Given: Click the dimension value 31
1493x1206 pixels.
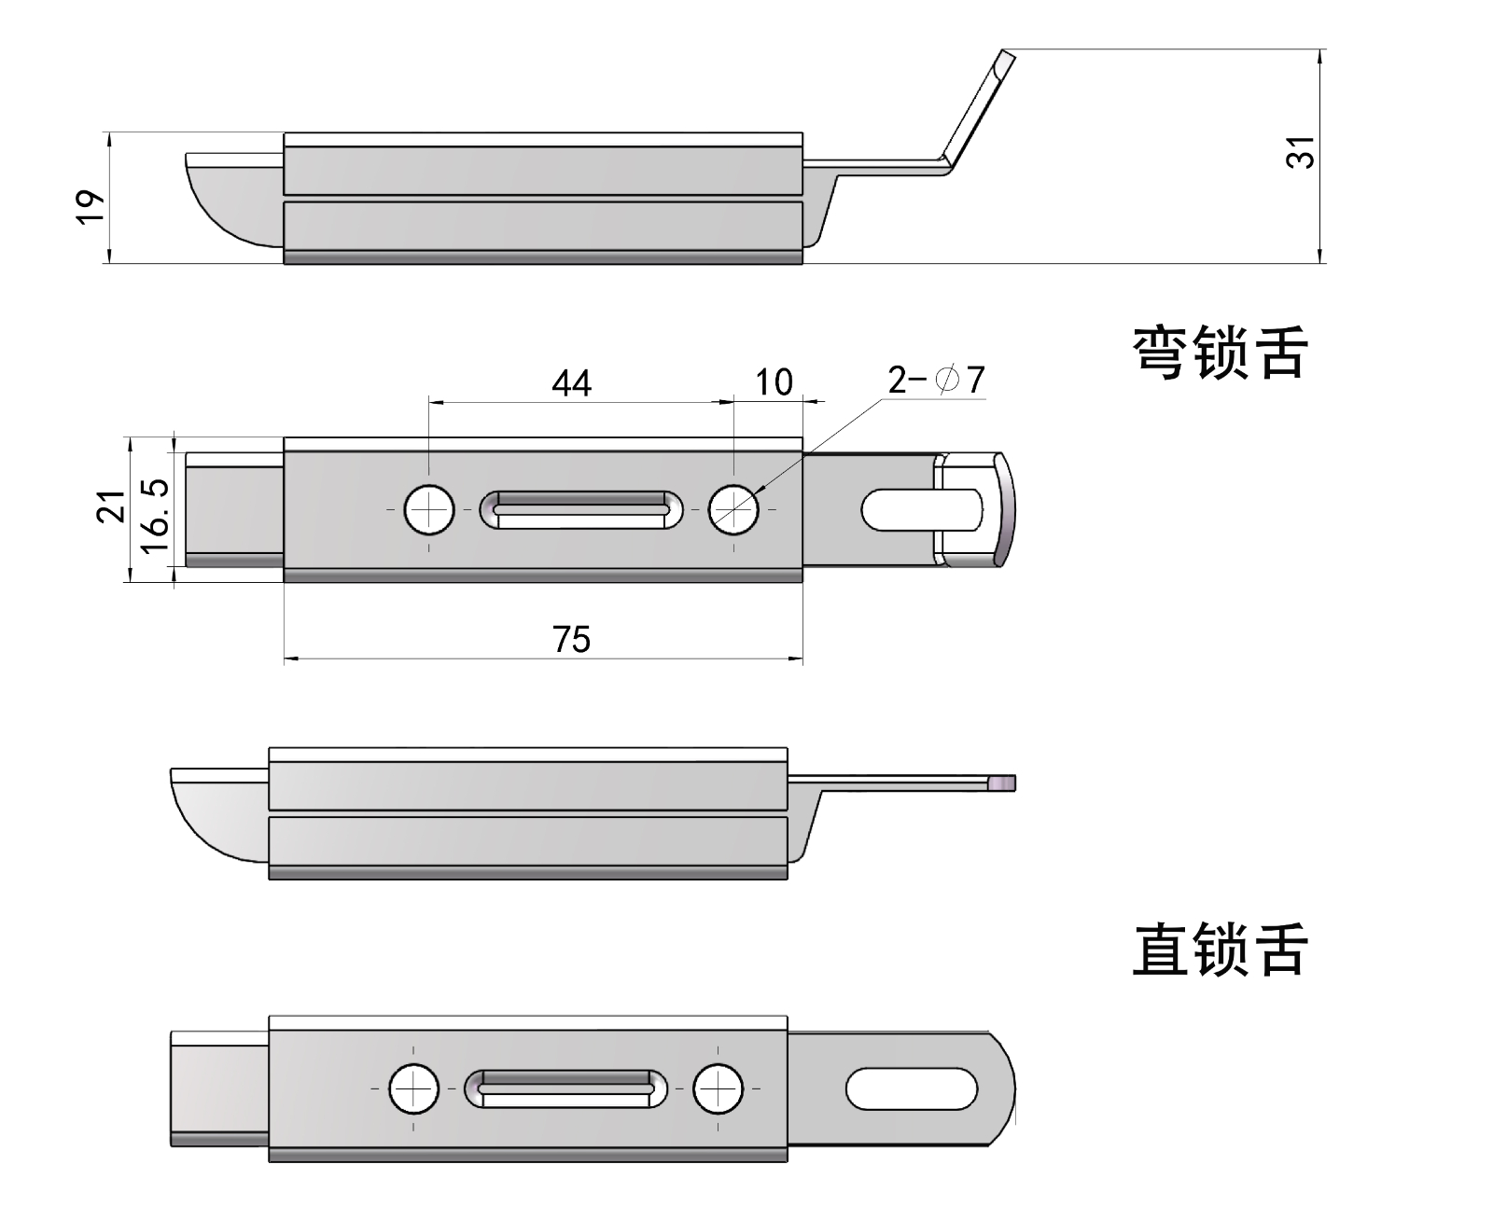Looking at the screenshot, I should coord(1300,152).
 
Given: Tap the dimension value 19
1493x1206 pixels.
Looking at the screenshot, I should coord(89,206).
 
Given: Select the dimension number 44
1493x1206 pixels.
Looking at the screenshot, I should coord(571,382).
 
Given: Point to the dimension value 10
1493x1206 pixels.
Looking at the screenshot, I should coord(774,381).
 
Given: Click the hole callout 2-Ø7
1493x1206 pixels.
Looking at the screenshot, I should coord(936,380).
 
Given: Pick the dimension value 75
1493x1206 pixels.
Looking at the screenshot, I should coord(571,640).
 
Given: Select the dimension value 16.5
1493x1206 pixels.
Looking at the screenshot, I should coord(154,514).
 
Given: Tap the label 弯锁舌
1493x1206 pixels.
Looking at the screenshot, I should coord(1220,353).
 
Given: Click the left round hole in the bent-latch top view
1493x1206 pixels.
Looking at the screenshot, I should coord(429,509).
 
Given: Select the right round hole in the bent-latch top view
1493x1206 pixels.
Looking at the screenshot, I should coord(733,509).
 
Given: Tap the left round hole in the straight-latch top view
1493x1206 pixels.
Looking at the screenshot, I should coord(414,1088).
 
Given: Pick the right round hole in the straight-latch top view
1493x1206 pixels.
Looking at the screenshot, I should coord(719,1088).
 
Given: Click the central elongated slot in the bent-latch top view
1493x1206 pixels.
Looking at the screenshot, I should coord(582,509).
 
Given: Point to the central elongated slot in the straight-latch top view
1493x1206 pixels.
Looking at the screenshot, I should coord(566,1088).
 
